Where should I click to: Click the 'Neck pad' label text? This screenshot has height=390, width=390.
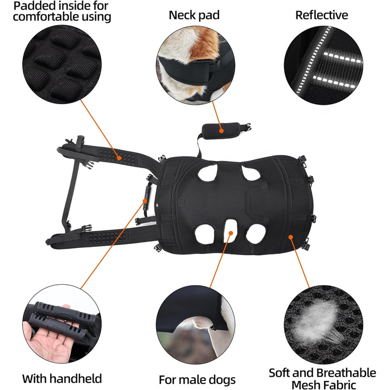click(x=194, y=15)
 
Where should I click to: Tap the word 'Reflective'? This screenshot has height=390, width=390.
click(x=321, y=15)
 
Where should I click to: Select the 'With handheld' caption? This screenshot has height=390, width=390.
click(x=62, y=378)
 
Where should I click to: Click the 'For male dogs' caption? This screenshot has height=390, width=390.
click(x=197, y=380)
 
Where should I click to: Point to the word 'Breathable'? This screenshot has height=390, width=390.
click(x=347, y=373)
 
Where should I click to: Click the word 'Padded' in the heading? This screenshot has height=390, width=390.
click(x=31, y=6)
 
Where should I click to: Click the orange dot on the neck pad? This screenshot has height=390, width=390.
click(x=221, y=130)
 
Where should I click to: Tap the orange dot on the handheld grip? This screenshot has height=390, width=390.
click(x=144, y=201)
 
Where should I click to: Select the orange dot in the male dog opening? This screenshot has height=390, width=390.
click(x=231, y=233)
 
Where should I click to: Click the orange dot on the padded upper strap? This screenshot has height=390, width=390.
click(x=119, y=158)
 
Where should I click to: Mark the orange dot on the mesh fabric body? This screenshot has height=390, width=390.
click(x=290, y=237)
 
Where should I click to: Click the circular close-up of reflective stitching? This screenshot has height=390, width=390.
click(x=323, y=65)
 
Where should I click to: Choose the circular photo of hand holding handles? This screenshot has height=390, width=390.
click(x=62, y=324)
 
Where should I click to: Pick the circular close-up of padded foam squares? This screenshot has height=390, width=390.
click(x=62, y=65)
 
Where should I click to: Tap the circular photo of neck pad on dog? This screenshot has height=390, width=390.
click(x=196, y=65)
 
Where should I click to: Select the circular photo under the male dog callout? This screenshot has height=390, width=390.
click(x=196, y=325)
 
